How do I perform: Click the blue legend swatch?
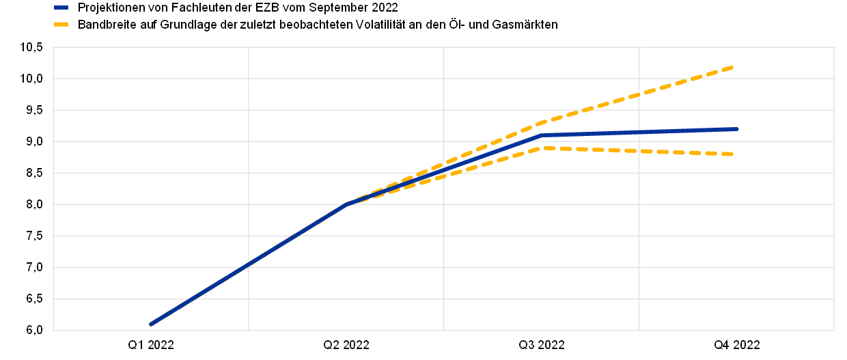[x=61, y=8]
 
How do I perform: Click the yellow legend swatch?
[x=61, y=24]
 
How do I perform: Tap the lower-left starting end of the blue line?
[x=150, y=324]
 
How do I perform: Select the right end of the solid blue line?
[x=737, y=128]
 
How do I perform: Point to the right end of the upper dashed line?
[x=733, y=67]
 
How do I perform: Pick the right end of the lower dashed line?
[x=733, y=154]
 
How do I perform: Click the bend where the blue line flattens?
[x=542, y=135]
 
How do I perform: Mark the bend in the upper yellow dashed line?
[x=542, y=122]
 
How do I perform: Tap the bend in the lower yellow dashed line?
[x=542, y=148]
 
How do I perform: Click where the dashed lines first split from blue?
[x=347, y=204]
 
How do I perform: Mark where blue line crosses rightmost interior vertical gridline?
[x=639, y=132]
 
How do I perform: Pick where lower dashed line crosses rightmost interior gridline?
[x=639, y=151]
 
